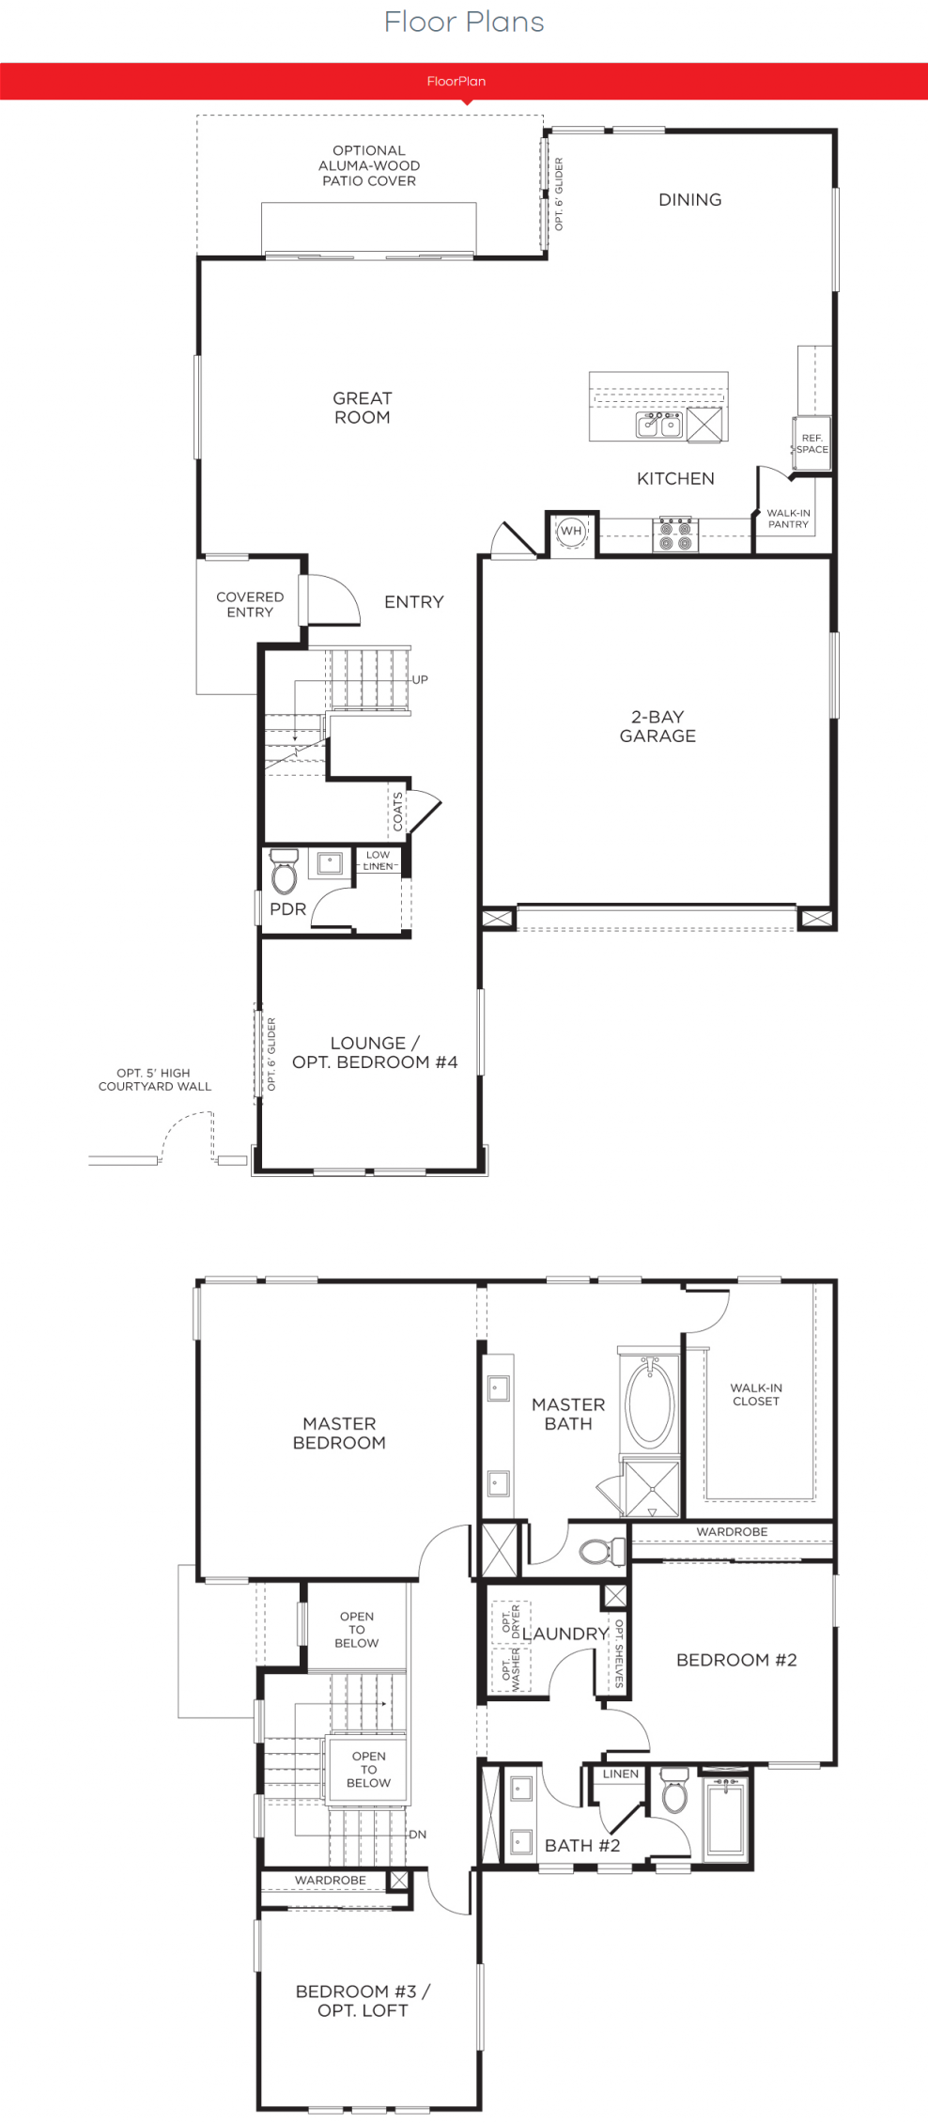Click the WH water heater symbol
pyautogui.click(x=571, y=531)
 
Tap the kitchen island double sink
pyautogui.click(x=659, y=425)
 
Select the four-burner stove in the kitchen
pyautogui.click(x=675, y=535)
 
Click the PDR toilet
pyautogui.click(x=284, y=871)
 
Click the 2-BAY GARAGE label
pyautogui.click(x=657, y=726)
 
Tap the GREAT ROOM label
pyautogui.click(x=363, y=408)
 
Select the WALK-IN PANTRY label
pyautogui.click(x=788, y=519)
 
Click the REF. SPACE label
pyautogui.click(x=812, y=443)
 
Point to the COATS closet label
pyautogui.click(x=398, y=812)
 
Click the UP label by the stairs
pyautogui.click(x=420, y=679)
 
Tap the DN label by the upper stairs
pyautogui.click(x=418, y=1834)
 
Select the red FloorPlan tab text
pyautogui.click(x=456, y=81)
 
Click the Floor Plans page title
pyautogui.click(x=464, y=22)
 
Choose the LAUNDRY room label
pyautogui.click(x=565, y=1634)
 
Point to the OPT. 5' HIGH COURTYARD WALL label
pyautogui.click(x=155, y=1079)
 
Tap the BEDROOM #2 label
pyautogui.click(x=736, y=1660)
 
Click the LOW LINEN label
pyautogui.click(x=379, y=860)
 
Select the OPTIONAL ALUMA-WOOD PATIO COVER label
pyautogui.click(x=369, y=165)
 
